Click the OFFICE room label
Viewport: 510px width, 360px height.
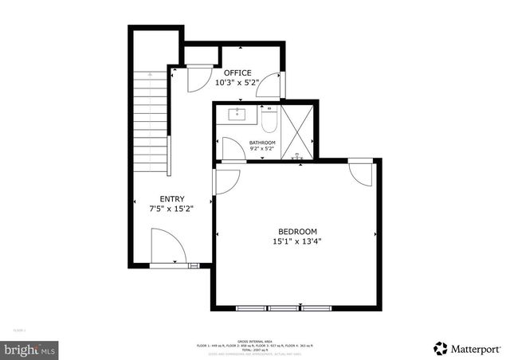237,72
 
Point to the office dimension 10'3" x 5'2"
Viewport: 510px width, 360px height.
237,82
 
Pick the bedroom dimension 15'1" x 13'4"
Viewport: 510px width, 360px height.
297,241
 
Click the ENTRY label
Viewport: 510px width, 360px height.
172,199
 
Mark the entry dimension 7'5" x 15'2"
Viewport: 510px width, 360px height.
172,209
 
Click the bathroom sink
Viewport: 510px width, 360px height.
237,115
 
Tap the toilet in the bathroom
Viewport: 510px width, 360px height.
269,122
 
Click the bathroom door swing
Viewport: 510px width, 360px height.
233,149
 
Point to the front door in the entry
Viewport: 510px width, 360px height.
167,247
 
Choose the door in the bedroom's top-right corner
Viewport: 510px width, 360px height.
360,174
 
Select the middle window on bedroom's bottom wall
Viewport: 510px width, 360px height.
281,307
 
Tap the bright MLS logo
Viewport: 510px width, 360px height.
30,349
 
